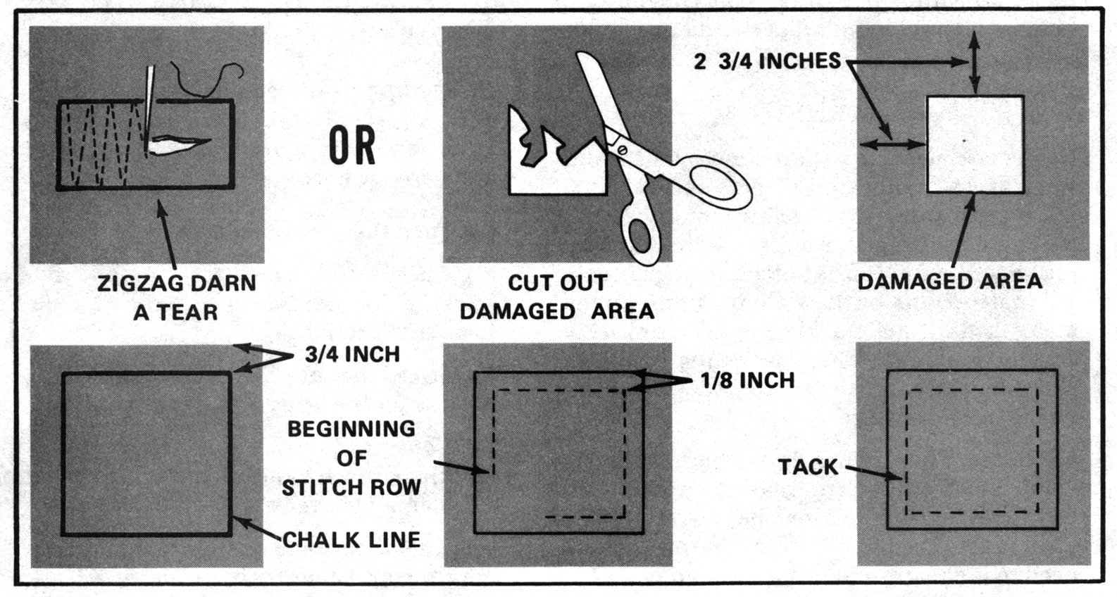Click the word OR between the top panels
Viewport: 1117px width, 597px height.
(352, 146)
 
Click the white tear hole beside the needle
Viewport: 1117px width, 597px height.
(180, 146)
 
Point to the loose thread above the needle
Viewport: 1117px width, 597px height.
(207, 79)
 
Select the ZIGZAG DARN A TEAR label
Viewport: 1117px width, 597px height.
(177, 298)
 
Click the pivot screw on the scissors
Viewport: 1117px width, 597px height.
(622, 149)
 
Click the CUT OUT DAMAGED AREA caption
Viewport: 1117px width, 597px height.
(557, 298)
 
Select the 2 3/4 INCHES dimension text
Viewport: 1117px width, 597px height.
(767, 61)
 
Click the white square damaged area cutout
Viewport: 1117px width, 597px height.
(975, 144)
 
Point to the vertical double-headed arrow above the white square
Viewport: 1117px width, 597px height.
(975, 62)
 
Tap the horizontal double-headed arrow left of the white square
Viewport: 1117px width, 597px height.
(892, 145)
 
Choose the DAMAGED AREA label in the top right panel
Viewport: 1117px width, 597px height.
(949, 282)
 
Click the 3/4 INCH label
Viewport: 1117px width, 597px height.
(352, 354)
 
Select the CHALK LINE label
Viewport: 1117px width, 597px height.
(351, 540)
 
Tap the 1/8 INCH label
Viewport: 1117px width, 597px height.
(747, 382)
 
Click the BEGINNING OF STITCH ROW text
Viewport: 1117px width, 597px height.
(351, 458)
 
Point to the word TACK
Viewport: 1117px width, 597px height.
(808, 467)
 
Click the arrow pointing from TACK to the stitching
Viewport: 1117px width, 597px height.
(874, 473)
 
